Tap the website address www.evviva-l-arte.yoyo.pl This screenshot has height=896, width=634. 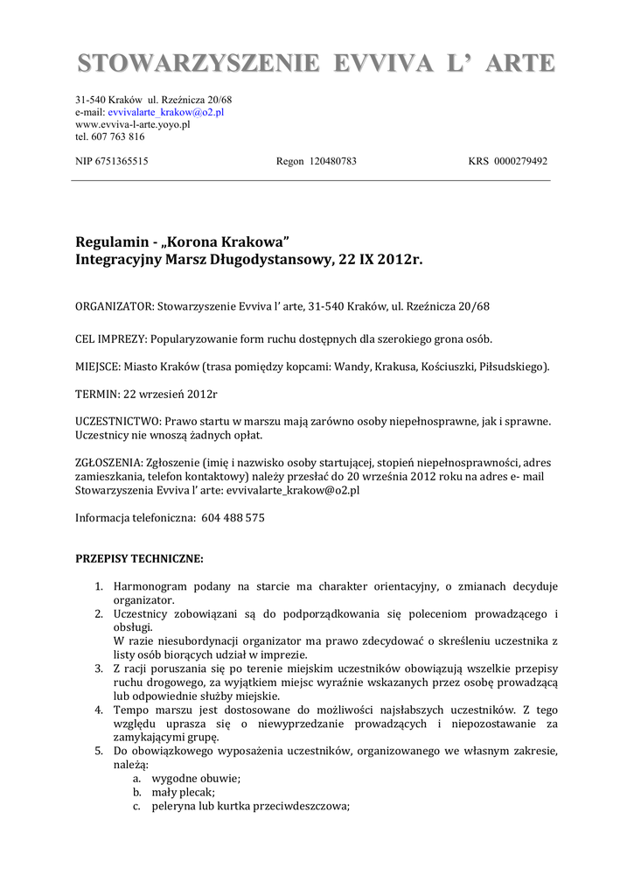pyautogui.click(x=133, y=124)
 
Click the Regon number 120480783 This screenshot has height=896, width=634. pyautogui.click(x=332, y=161)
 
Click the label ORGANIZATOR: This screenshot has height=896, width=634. pyautogui.click(x=114, y=306)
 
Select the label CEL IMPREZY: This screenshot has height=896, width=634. pyautogui.click(x=112, y=339)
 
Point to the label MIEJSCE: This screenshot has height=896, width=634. pyautogui.click(x=99, y=367)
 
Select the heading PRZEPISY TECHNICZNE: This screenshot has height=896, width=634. pyautogui.click(x=139, y=557)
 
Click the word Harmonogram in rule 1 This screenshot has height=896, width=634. pyautogui.click(x=151, y=586)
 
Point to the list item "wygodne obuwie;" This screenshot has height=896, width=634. pyautogui.click(x=196, y=778)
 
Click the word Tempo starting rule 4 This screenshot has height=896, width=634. pyautogui.click(x=130, y=710)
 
